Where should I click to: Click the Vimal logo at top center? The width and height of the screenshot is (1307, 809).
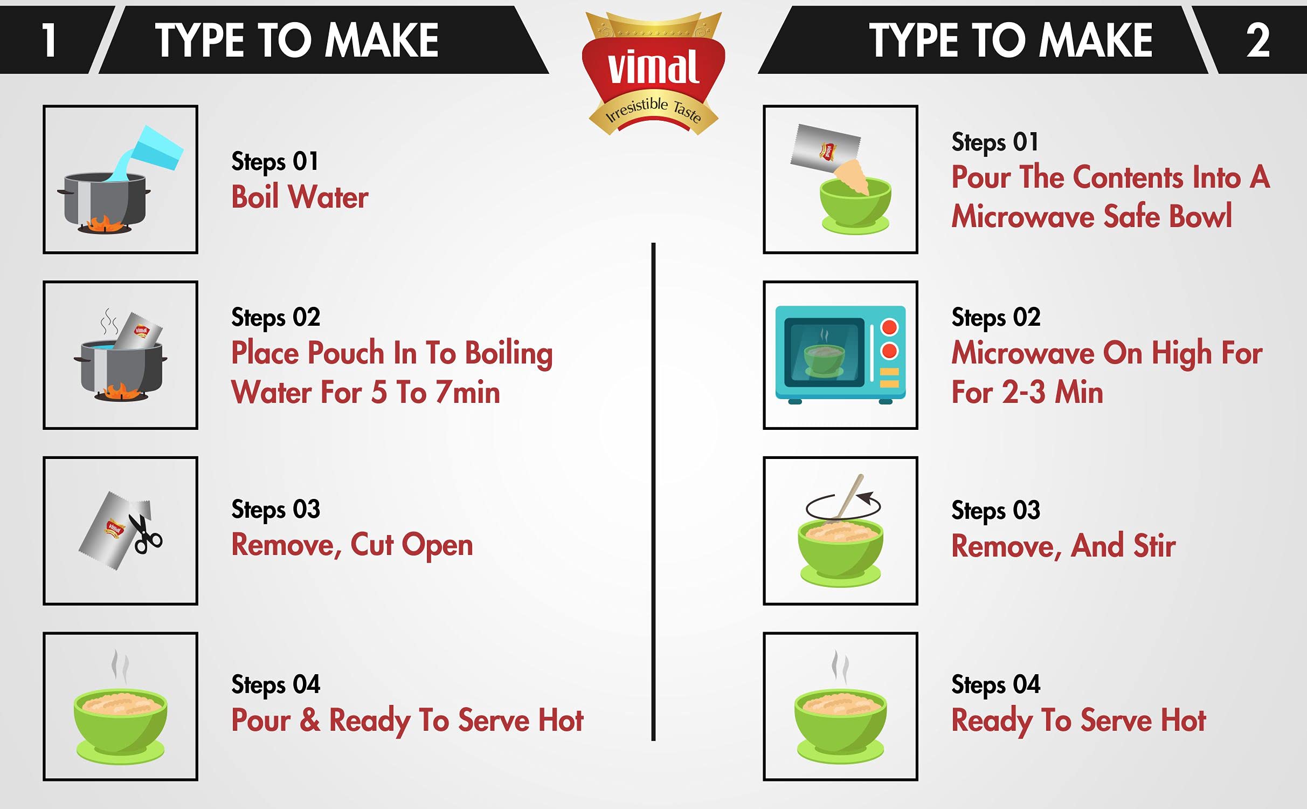click(653, 73)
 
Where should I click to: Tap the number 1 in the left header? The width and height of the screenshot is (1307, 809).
click(50, 40)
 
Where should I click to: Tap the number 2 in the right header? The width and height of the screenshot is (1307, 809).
click(1258, 40)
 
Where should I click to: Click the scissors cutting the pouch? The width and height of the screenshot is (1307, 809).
click(145, 534)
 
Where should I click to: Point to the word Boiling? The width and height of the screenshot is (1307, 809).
click(509, 354)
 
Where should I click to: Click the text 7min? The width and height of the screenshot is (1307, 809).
click(468, 392)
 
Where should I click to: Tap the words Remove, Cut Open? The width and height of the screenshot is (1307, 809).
click(352, 545)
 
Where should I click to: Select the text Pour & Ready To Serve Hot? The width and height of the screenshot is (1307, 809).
click(407, 721)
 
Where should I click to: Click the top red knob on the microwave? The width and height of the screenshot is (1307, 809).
click(889, 327)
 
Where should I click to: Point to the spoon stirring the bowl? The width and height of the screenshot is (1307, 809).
click(847, 499)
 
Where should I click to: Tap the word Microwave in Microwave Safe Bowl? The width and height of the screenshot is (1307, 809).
click(1024, 216)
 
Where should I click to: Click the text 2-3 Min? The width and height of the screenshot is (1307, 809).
click(1052, 392)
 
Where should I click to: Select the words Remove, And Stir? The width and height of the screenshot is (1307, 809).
click(1063, 546)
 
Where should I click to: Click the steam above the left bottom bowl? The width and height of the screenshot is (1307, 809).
click(120, 667)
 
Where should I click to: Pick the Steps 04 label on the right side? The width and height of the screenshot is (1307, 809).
click(996, 685)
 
